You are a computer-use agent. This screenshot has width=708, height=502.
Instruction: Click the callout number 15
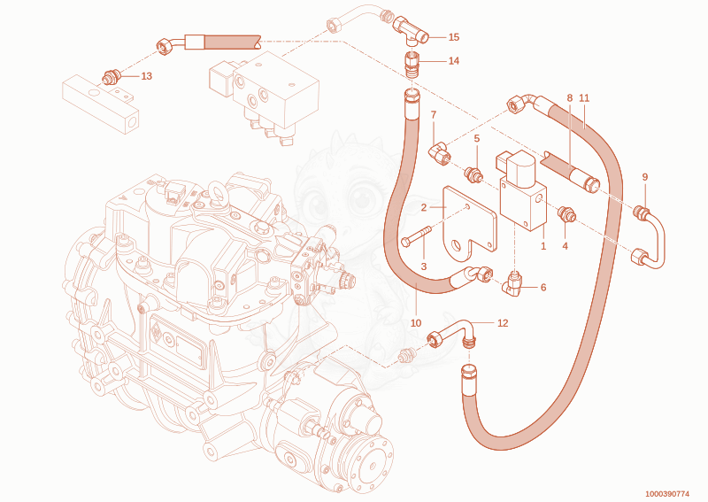[x=454, y=37]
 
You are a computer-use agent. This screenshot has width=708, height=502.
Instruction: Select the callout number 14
[x=454, y=60]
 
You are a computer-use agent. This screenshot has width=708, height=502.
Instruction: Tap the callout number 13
[x=147, y=76]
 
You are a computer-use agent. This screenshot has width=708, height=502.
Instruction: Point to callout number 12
[x=503, y=323]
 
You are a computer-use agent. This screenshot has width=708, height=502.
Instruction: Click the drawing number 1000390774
[x=667, y=494]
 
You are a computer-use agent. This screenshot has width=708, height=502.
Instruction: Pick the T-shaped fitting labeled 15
[x=411, y=31]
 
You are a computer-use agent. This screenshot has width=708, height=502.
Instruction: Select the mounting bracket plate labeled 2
[x=470, y=224]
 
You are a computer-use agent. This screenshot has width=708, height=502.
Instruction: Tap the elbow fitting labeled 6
[x=513, y=283]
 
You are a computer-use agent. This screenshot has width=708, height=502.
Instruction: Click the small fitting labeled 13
[x=111, y=77]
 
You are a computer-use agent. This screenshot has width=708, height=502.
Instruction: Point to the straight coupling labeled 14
[x=412, y=64]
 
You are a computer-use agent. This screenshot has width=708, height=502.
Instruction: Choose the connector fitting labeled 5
[x=473, y=174]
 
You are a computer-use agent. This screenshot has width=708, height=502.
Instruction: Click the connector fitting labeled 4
[x=566, y=213]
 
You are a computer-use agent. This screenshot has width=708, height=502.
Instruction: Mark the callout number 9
[x=645, y=177]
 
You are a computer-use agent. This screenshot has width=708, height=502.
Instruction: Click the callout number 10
[x=416, y=323]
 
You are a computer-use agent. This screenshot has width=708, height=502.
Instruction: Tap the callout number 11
[x=584, y=98]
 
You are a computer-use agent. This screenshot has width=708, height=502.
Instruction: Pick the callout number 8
[x=570, y=98]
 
